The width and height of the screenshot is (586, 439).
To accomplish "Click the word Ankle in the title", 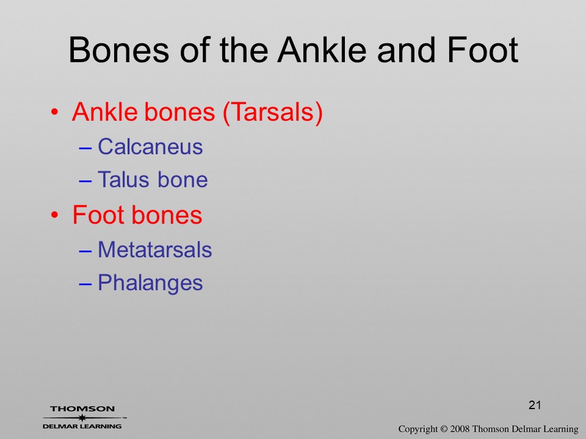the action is click(x=322, y=49).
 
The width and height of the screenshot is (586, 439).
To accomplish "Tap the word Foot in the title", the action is click(x=482, y=49).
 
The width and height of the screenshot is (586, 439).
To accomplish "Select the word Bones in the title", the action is click(x=119, y=49).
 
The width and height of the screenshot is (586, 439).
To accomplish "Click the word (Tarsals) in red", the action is click(x=272, y=112).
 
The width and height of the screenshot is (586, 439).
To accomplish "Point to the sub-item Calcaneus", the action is click(x=150, y=146).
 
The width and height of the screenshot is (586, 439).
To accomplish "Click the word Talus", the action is click(x=124, y=179).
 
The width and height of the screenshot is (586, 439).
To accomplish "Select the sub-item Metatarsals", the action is click(x=154, y=249).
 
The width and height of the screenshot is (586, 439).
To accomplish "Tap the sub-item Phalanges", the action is click(x=150, y=283).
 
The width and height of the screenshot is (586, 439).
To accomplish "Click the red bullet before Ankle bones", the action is click(x=54, y=112).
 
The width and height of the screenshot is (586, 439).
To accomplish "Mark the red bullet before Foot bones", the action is click(x=54, y=215).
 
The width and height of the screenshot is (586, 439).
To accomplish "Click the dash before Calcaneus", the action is click(x=85, y=148).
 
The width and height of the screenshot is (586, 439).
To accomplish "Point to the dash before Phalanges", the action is click(x=85, y=284).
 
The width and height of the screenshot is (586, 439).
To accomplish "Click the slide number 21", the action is click(x=535, y=405).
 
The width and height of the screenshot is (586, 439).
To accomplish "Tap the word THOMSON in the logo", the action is click(x=82, y=409).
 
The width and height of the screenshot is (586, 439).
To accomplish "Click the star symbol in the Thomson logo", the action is click(x=82, y=418).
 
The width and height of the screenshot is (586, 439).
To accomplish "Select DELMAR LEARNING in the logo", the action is click(x=82, y=426).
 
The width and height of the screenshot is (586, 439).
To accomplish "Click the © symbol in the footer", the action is click(x=444, y=429).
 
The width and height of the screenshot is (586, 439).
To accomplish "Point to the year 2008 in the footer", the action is click(x=460, y=429).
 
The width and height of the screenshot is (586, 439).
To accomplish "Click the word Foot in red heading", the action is click(x=99, y=215).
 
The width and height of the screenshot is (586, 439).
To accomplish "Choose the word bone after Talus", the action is click(x=183, y=179).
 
